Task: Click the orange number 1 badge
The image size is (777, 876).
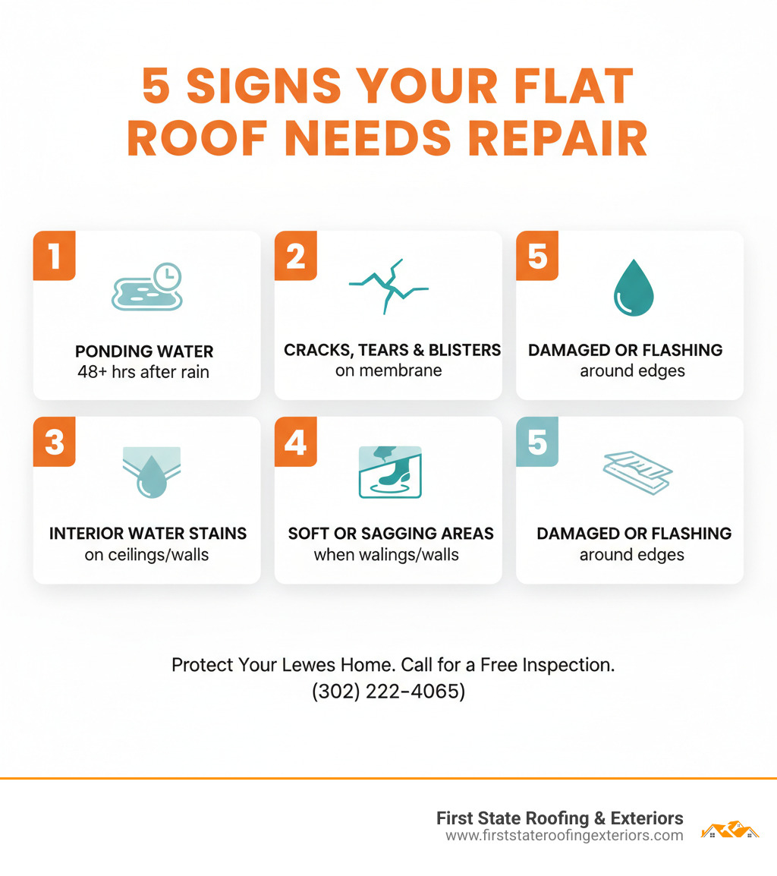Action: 54,256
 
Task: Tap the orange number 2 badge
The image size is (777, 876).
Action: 295,256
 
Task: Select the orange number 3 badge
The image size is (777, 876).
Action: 54,442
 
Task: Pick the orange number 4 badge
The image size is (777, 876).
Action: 295,442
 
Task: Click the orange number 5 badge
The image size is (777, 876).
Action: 536,256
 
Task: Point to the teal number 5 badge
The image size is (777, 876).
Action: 536,442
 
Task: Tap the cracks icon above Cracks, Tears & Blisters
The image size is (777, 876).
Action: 388,286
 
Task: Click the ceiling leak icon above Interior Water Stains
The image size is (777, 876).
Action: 151,471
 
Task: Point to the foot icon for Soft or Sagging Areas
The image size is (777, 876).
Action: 389,471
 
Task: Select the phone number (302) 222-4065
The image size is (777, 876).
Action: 388,692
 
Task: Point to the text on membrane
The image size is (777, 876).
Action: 388,371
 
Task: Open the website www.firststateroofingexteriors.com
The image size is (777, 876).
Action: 564,836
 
